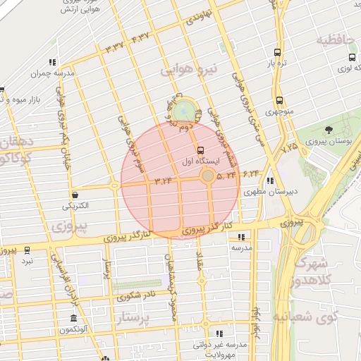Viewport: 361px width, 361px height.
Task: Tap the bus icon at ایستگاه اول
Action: tap(202, 150)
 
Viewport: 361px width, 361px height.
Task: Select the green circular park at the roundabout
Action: tap(184, 111)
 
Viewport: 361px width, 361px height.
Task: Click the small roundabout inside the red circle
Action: tap(207, 176)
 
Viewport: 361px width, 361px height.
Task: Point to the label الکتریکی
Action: tap(76, 206)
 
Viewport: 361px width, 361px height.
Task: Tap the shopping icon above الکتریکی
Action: tap(75, 195)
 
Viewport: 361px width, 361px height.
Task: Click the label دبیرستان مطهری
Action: tap(263, 191)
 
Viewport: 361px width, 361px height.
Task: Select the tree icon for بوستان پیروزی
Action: tap(329, 129)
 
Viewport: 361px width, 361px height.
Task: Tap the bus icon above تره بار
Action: tap(277, 52)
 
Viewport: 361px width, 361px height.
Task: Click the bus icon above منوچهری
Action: tap(280, 100)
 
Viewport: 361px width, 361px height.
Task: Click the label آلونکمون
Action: tap(73, 330)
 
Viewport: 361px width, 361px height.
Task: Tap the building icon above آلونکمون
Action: tap(73, 318)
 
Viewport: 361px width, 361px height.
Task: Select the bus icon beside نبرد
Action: tap(27, 250)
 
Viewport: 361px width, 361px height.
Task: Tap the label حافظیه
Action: tap(334, 39)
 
